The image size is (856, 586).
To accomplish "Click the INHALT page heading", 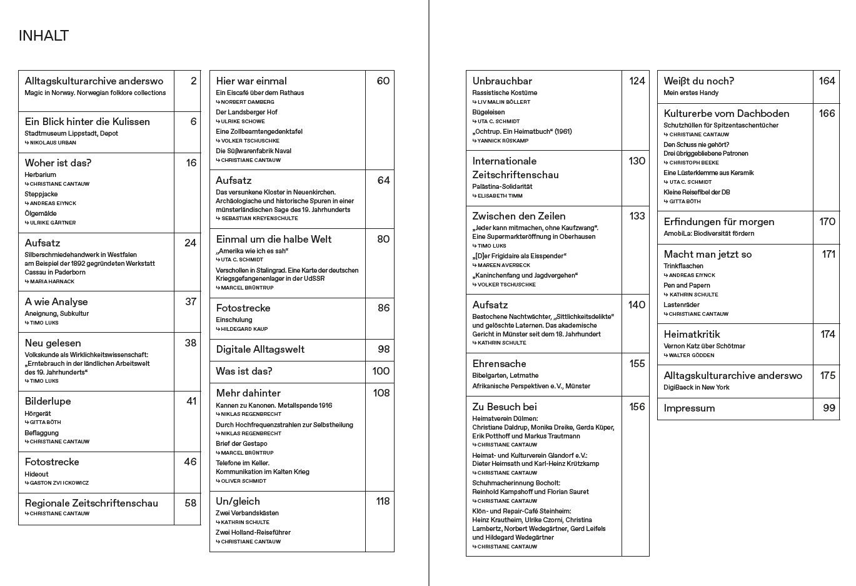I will click(44, 36).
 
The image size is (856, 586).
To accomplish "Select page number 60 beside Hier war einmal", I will click(383, 81).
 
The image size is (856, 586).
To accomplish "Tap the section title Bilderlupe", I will click(48, 401).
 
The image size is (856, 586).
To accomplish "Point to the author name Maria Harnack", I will click(52, 281).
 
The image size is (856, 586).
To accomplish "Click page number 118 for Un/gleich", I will click(382, 501).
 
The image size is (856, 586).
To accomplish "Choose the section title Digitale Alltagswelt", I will click(260, 349).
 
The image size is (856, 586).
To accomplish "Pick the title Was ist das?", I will click(244, 371).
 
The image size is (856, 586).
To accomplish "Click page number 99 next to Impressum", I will click(829, 408).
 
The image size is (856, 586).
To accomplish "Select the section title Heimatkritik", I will click(692, 334).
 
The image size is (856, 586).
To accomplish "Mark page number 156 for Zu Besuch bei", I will click(637, 407).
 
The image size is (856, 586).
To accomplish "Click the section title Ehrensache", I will click(499, 363).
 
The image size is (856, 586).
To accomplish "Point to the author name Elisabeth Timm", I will click(500, 196).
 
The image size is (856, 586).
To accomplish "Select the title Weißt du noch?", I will click(698, 81).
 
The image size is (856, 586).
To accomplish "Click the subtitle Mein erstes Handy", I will click(691, 93).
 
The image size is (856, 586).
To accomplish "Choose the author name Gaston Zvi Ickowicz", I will click(59, 483).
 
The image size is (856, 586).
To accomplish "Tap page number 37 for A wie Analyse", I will click(191, 301).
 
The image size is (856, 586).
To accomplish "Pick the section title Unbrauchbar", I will click(502, 81).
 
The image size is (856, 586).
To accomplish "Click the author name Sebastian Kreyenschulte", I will click(259, 218).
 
